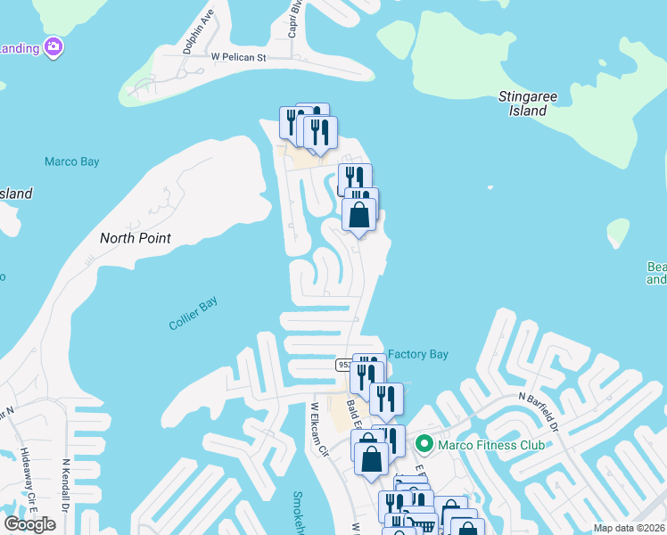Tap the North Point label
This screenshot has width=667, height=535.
point(135,238)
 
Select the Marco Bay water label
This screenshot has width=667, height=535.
point(72,161)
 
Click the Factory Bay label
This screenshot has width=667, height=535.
point(417,354)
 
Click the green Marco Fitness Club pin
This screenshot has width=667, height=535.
point(424,443)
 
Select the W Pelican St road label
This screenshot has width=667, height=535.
point(238,57)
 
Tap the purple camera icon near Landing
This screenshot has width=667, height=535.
point(54,46)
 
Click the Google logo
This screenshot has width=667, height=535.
point(29,523)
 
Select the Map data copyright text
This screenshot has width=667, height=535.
point(628,528)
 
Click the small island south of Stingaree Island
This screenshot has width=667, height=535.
point(617,232)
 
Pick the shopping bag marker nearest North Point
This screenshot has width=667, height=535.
point(358,215)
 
